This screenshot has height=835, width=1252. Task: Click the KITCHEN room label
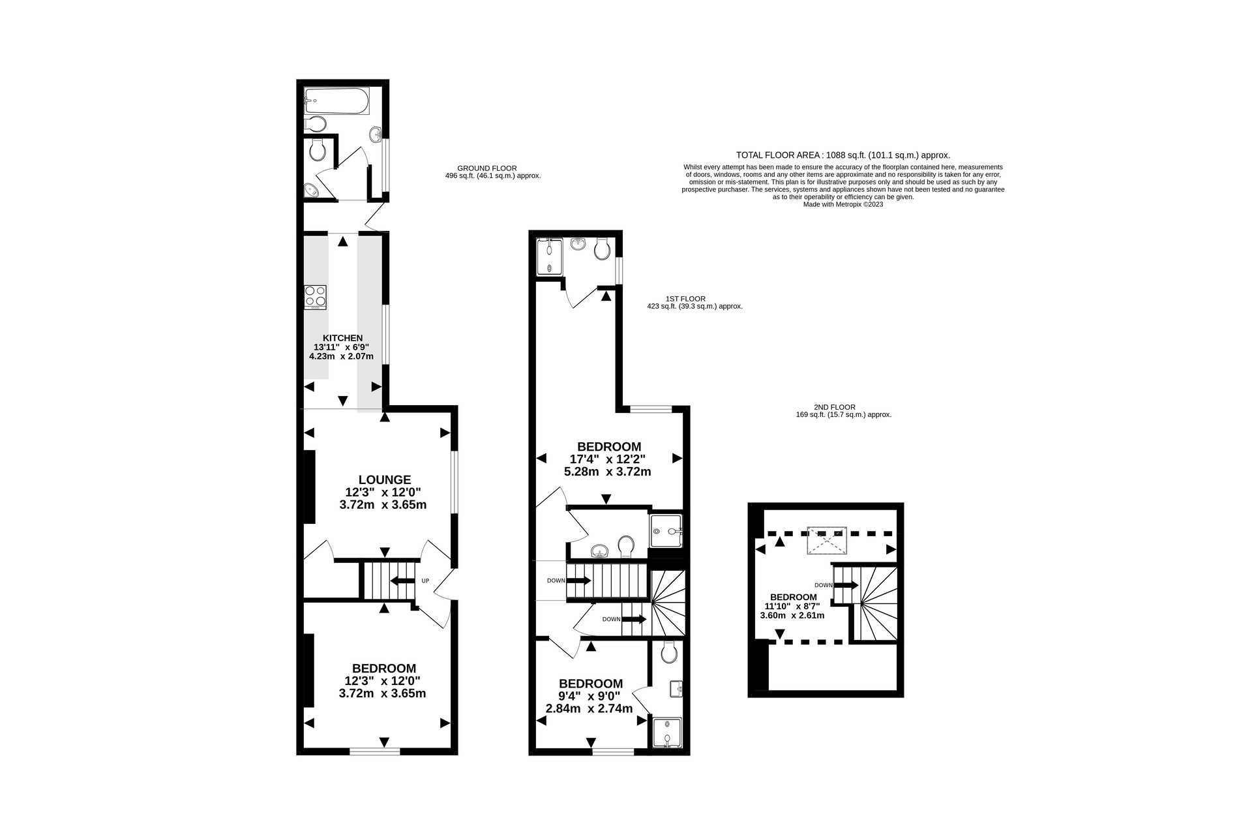click(x=342, y=338)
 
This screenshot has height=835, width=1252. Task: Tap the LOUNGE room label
click(x=385, y=479)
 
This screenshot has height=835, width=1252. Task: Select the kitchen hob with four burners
click(x=315, y=297)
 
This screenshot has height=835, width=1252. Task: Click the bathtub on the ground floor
click(x=336, y=100)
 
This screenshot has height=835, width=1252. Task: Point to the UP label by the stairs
click(x=425, y=581)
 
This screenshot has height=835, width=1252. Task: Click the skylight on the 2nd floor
click(x=827, y=541)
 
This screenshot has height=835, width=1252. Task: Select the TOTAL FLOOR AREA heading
click(x=843, y=155)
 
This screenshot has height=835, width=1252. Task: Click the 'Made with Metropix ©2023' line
click(x=843, y=204)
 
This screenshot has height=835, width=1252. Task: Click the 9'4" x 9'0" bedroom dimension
click(x=590, y=695)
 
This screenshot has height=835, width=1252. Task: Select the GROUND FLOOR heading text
click(x=487, y=168)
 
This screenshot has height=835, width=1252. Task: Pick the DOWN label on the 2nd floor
click(x=824, y=585)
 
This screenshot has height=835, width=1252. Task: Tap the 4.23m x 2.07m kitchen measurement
click(x=341, y=356)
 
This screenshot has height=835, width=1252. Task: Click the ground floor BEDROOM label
click(x=384, y=669)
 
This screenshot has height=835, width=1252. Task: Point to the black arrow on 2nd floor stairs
click(x=846, y=585)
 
